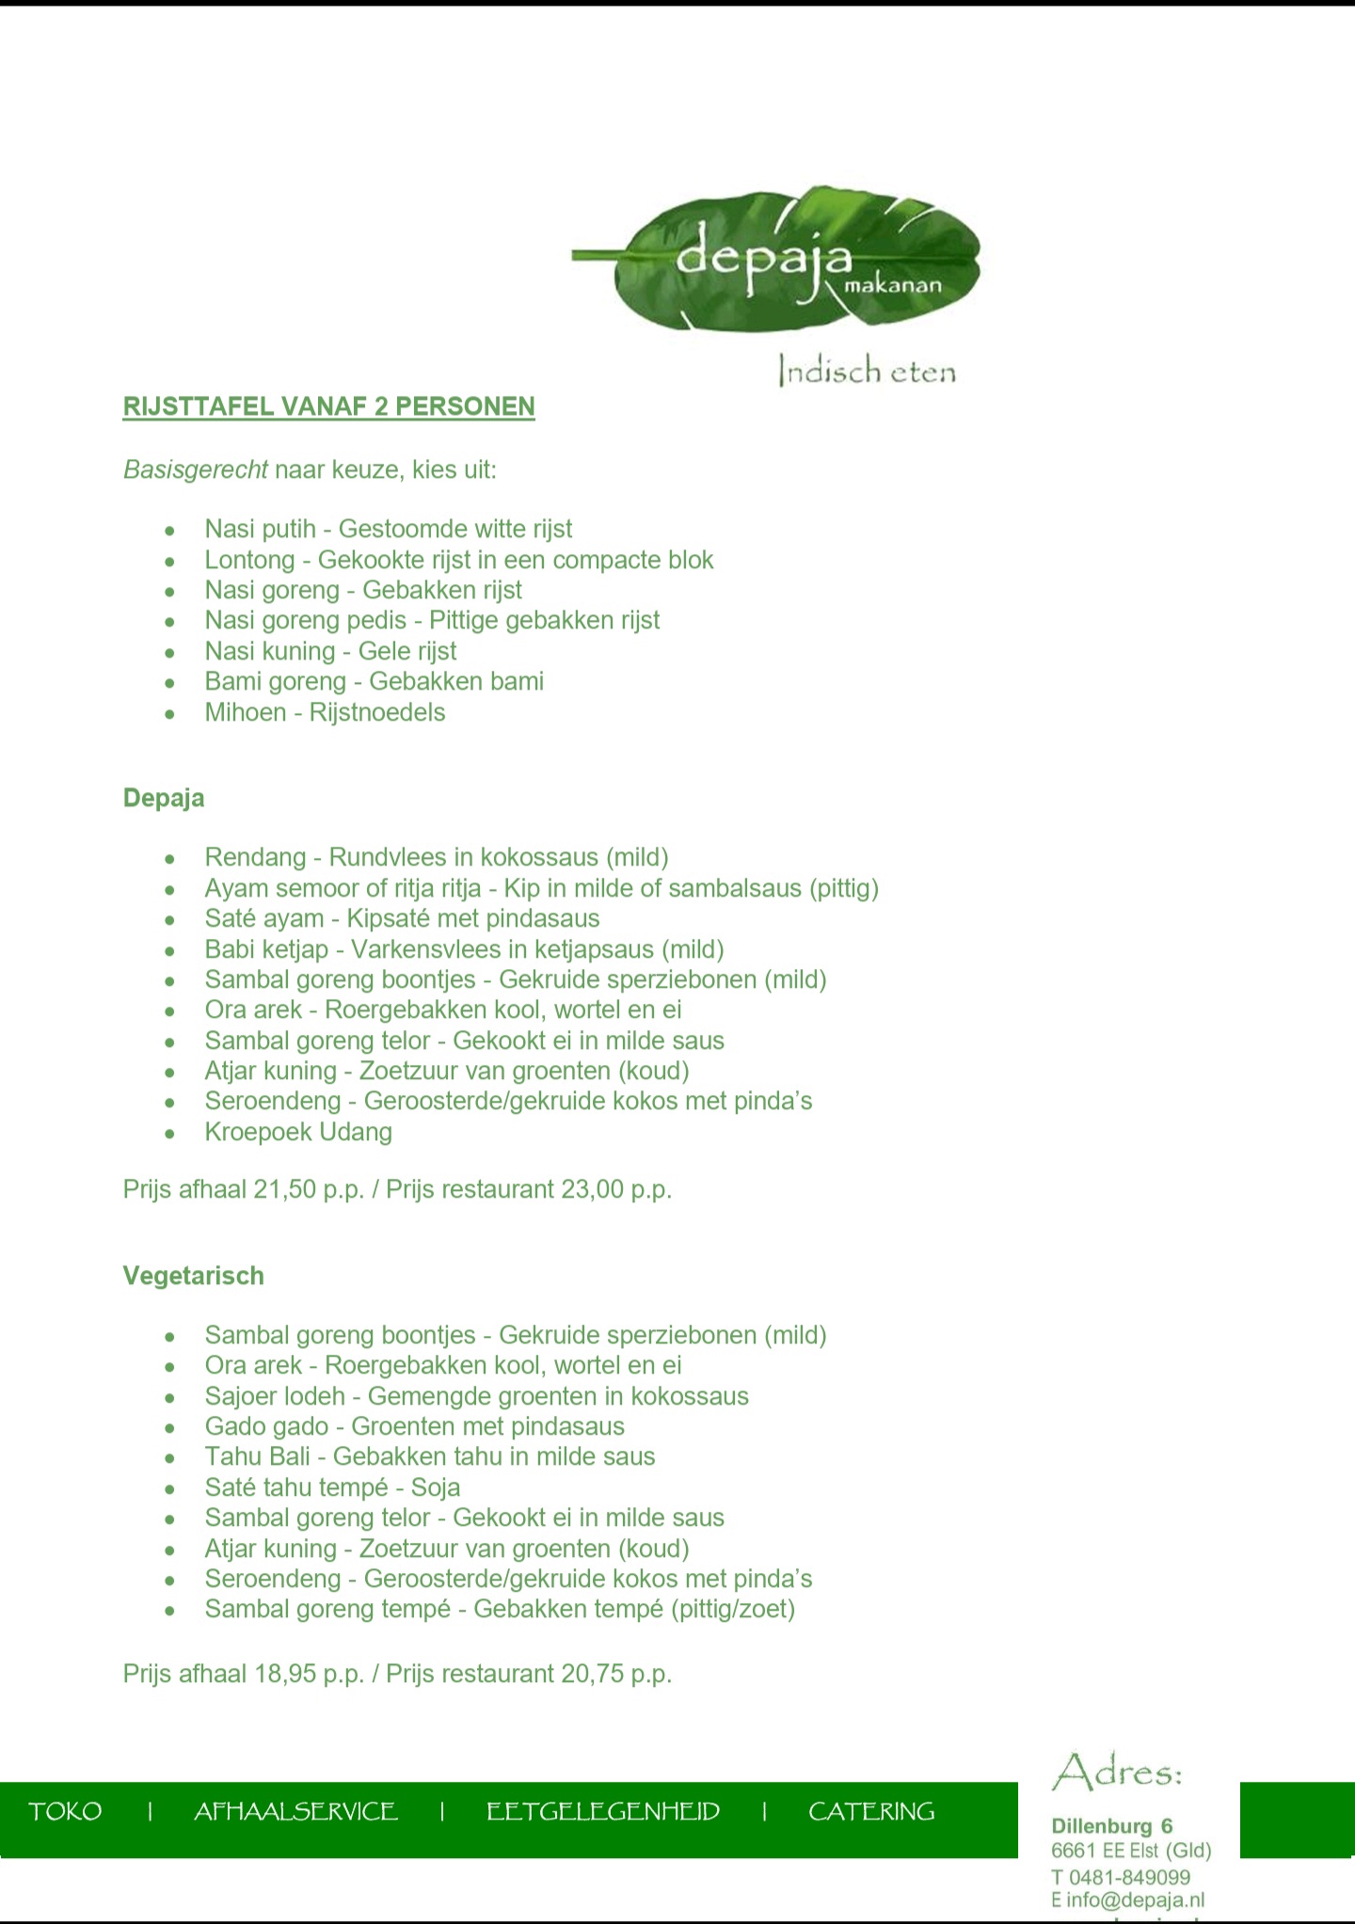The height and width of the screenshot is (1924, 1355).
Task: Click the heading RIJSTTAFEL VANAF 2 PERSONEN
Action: point(328,406)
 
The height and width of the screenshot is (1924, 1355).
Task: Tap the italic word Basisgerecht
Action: point(196,469)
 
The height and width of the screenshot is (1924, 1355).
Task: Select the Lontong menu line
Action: point(458,560)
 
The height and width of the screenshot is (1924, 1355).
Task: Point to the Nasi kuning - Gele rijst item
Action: point(330,651)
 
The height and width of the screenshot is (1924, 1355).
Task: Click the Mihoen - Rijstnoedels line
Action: point(325,712)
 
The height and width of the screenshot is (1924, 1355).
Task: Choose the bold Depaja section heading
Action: point(164,798)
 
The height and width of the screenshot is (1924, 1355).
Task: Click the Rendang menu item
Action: point(437,857)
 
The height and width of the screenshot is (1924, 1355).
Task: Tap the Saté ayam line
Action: point(402,918)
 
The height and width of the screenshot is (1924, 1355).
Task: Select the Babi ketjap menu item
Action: point(464,948)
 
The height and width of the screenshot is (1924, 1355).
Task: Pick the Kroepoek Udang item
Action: point(298,1132)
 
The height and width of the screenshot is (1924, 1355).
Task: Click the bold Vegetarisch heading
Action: point(194,1276)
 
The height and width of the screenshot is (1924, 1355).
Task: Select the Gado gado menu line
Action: point(414,1426)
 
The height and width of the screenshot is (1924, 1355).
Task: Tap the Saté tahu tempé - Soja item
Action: point(332,1487)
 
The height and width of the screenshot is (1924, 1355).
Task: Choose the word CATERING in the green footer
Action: point(871,1812)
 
